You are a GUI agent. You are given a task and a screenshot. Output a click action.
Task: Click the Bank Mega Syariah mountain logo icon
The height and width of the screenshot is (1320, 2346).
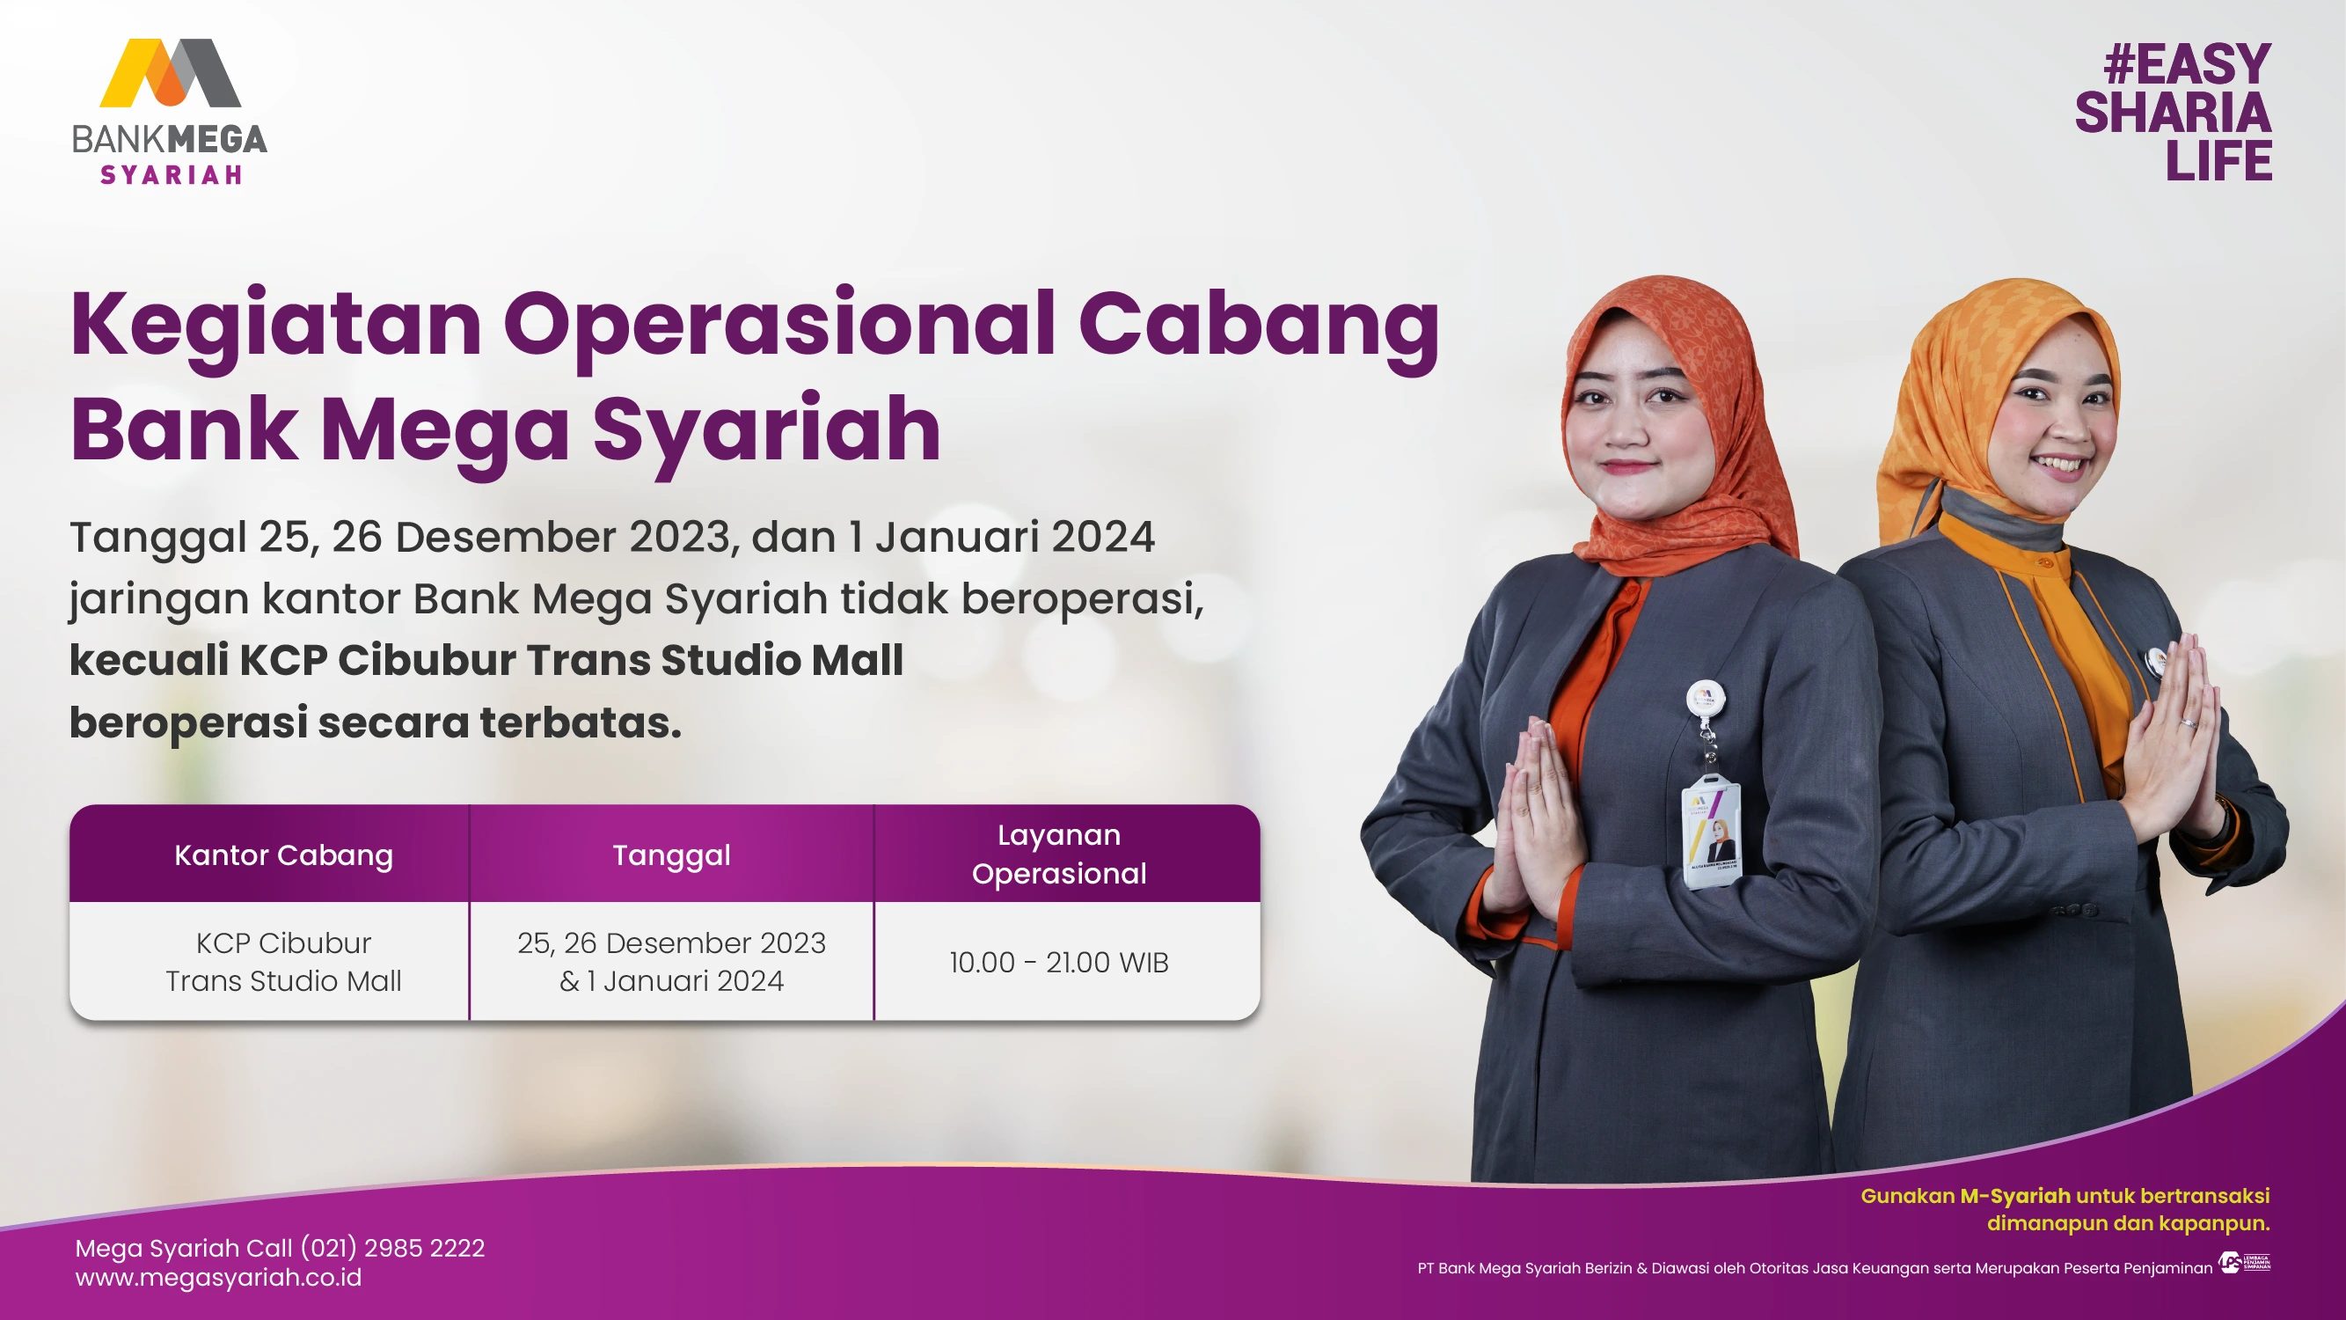171,73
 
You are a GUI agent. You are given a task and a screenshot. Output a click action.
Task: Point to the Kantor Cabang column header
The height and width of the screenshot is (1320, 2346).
283,854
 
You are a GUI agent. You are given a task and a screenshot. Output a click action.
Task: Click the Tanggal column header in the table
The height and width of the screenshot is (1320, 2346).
671,855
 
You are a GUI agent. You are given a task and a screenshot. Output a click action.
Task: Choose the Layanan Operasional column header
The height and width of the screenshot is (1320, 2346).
1058,854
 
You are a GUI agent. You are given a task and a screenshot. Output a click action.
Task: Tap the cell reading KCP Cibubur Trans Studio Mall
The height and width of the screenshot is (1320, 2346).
283,961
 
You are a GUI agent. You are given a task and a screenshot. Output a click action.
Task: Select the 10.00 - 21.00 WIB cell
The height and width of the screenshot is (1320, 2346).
1058,962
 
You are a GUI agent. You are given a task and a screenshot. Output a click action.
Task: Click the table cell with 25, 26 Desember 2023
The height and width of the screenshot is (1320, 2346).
671,961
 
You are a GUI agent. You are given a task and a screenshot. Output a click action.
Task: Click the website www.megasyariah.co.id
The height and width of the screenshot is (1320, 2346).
218,1277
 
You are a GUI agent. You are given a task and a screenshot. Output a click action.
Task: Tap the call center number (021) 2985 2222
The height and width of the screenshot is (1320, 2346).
392,1247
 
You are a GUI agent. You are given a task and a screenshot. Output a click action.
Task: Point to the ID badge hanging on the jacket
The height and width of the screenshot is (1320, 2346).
1710,831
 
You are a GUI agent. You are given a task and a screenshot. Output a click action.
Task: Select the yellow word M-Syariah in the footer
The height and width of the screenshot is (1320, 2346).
2014,1195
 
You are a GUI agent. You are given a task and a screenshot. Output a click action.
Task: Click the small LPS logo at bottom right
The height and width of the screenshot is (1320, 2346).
2244,1263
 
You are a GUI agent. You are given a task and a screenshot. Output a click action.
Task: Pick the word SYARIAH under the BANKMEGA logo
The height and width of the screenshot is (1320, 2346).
172,174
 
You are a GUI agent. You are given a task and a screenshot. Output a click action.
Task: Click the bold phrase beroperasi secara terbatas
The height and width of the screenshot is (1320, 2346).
376,722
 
